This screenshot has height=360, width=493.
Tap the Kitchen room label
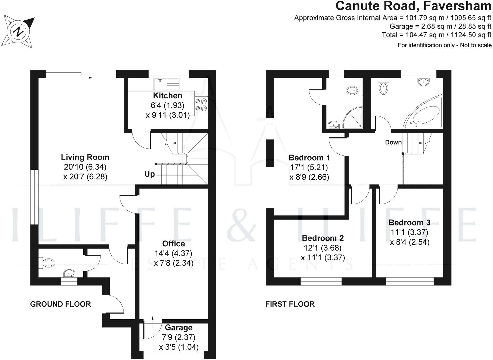tap(167, 96)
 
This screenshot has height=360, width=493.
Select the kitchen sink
tap(166, 84)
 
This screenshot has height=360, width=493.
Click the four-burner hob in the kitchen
tap(201, 104)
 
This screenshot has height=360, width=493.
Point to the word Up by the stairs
tap(149, 174)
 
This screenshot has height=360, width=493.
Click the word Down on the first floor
tap(393, 142)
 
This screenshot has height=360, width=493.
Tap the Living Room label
tap(85, 157)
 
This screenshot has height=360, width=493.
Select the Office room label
tap(174, 243)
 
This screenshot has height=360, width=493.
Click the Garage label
tap(179, 327)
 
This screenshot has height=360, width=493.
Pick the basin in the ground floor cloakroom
tap(69, 273)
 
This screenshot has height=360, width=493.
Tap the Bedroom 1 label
tap(309, 158)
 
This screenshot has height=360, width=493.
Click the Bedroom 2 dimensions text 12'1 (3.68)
tap(323, 248)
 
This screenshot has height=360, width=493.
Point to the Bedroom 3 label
tap(409, 223)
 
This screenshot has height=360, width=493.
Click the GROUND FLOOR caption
tap(61, 304)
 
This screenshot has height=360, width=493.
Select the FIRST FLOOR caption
tap(290, 304)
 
